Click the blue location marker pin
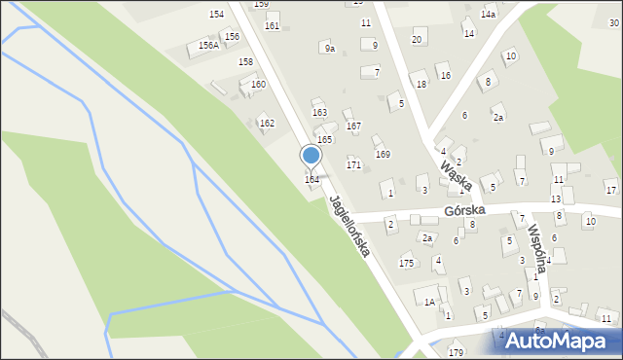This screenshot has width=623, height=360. [311, 156]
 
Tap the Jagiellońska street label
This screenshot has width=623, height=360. [349, 226]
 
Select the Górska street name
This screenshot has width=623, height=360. [463, 209]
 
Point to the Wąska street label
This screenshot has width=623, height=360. [455, 174]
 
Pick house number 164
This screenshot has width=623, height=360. [311, 180]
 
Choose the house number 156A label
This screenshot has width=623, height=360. [207, 45]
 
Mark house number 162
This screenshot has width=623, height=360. [267, 124]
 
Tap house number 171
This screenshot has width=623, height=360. [353, 165]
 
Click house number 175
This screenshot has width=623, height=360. [406, 264]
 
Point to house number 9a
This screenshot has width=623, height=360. [330, 49]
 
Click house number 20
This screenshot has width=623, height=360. [417, 39]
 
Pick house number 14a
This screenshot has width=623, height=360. [488, 16]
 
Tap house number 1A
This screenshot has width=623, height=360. [429, 302]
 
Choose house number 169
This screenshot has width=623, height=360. [383, 155]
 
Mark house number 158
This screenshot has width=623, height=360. [246, 62]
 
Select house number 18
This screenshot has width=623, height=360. [421, 85]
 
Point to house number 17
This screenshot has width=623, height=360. [610, 188]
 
